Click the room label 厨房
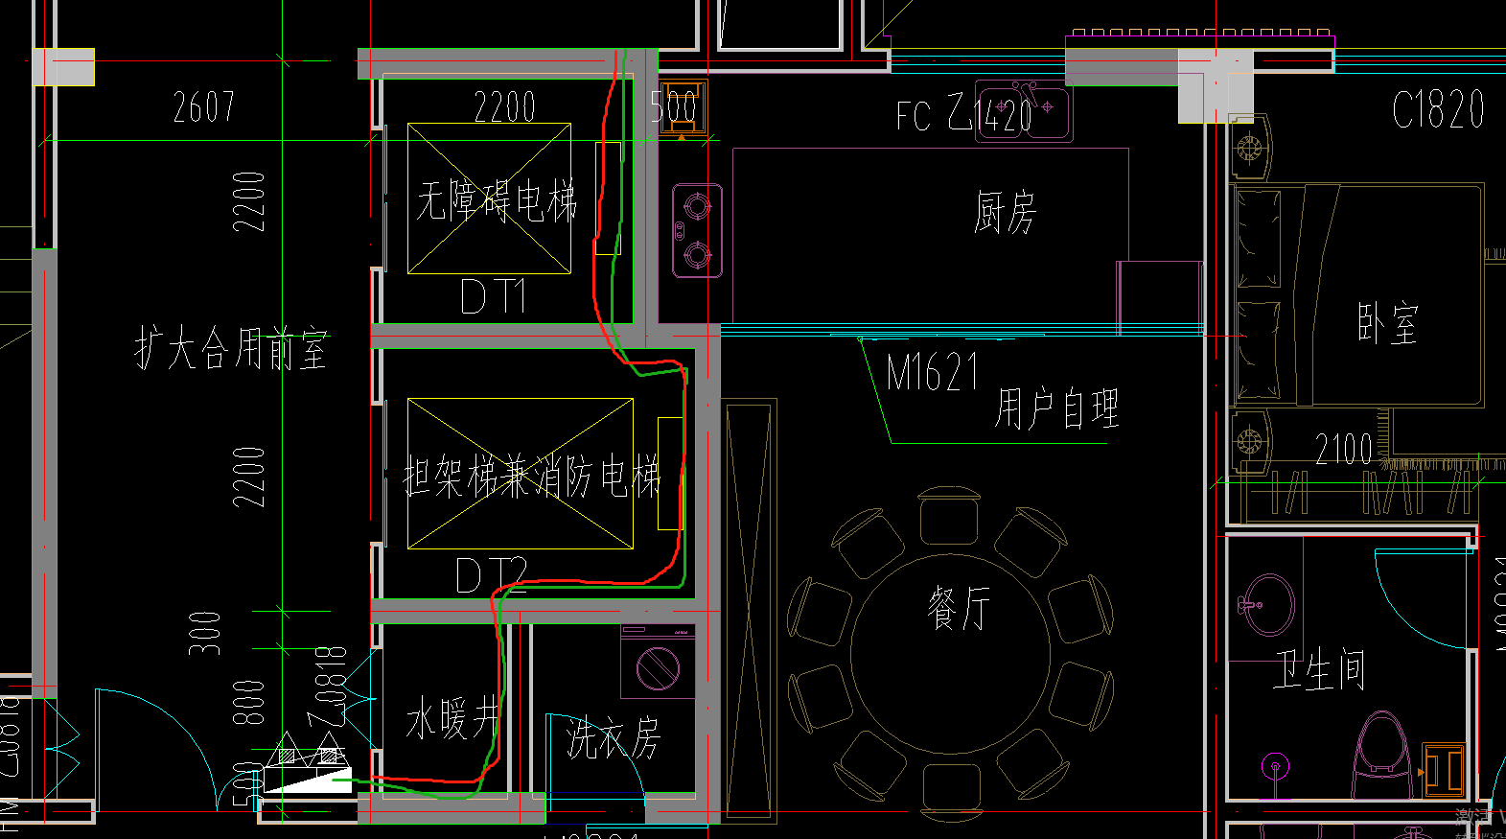1005,212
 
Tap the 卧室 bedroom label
1387,323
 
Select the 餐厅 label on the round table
958,608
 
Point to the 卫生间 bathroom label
1318,668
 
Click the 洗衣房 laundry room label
613,738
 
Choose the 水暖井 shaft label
452,718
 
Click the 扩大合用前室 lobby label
231,347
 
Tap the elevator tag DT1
493,296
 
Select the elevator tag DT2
490,575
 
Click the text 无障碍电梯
496,201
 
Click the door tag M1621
932,372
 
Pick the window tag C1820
1438,110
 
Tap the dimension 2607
203,106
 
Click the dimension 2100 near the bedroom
1343,449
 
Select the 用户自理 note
1055,408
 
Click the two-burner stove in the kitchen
697,230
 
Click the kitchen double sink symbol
1023,111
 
